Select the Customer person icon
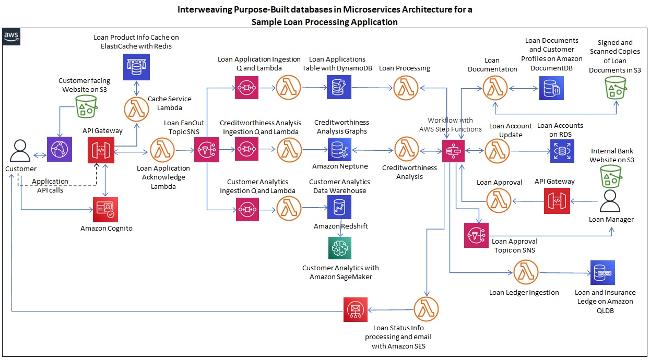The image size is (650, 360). point(20,151)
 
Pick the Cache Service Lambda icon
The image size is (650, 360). point(136,109)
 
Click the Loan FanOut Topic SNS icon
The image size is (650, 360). point(207,150)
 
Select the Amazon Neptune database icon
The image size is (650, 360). point(340,150)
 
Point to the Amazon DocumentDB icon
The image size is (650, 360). point(552,88)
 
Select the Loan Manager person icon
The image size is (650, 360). point(611,201)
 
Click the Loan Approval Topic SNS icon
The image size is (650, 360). point(477,235)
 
